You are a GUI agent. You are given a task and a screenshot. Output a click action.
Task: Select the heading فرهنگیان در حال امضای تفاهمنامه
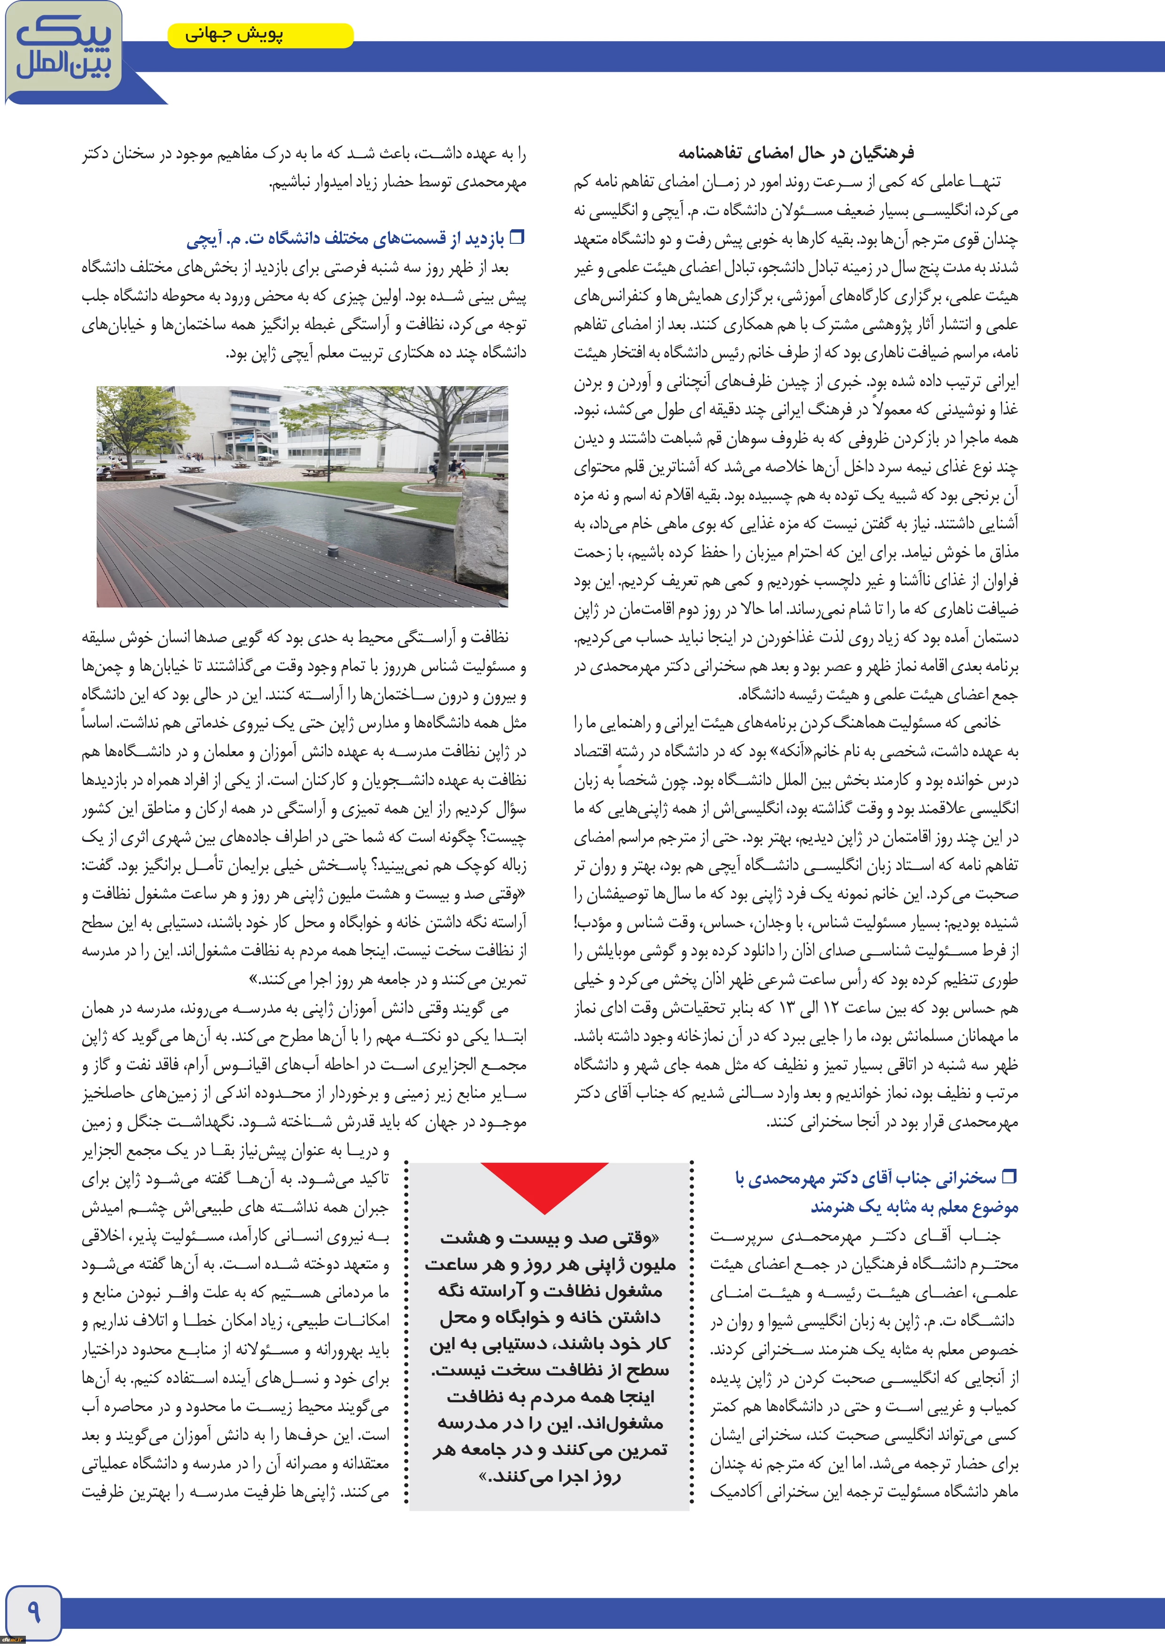pyautogui.click(x=796, y=153)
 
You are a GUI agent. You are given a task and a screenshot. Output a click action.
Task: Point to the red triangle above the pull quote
pyautogui.click(x=545, y=1184)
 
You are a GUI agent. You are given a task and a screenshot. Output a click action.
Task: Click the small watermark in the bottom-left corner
pyautogui.click(x=13, y=1640)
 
